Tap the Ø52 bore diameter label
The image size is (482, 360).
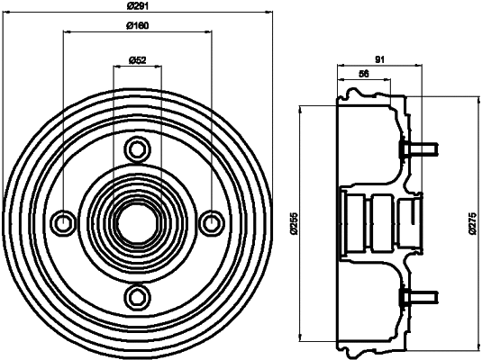tap(137, 59)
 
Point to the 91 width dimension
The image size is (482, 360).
tap(379, 59)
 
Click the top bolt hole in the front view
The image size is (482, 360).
tap(137, 148)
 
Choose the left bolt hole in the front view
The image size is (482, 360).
tap(63, 221)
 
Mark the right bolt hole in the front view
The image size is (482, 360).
tap(211, 221)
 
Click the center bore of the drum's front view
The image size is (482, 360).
tap(137, 221)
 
